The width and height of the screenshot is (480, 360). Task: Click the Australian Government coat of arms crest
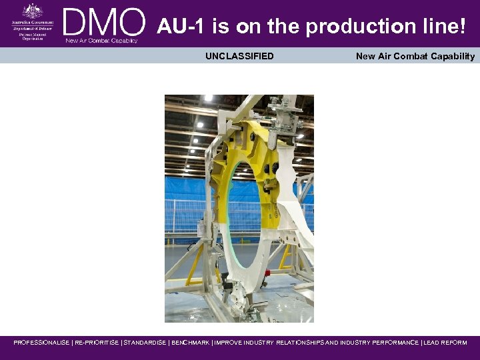(31, 11)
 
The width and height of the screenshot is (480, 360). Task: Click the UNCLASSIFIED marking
(239, 56)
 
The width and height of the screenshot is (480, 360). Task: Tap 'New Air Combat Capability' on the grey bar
(415, 56)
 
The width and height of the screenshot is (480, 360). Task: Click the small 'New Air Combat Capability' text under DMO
(101, 41)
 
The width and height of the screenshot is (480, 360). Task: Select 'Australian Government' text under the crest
(31, 23)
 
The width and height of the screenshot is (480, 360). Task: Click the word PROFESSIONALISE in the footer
(41, 343)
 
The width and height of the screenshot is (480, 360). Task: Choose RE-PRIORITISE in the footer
(97, 343)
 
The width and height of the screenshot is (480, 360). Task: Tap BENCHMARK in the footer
(190, 343)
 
